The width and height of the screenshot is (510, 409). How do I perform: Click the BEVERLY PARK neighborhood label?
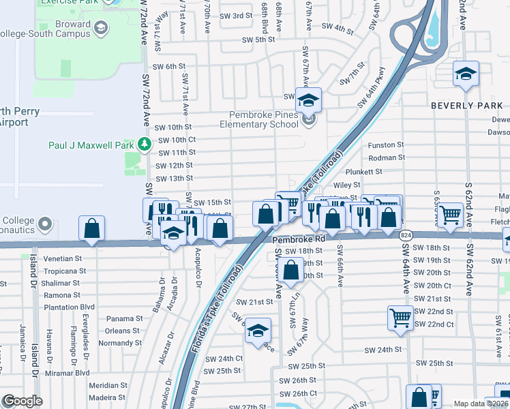tap(467, 106)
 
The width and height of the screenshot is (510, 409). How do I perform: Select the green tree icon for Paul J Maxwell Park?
tap(144, 144)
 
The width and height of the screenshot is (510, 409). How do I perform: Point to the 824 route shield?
tap(406, 234)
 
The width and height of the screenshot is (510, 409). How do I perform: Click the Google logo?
tap(22, 401)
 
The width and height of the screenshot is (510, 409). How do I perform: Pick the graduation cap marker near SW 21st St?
tap(258, 331)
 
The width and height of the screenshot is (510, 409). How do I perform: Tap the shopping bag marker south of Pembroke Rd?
tap(291, 268)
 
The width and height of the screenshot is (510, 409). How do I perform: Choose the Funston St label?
tap(386, 145)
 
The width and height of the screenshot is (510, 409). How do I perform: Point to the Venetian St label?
tap(63, 259)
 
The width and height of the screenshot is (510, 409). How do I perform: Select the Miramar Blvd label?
tap(67, 373)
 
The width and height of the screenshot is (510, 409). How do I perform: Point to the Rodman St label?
tap(386, 157)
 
